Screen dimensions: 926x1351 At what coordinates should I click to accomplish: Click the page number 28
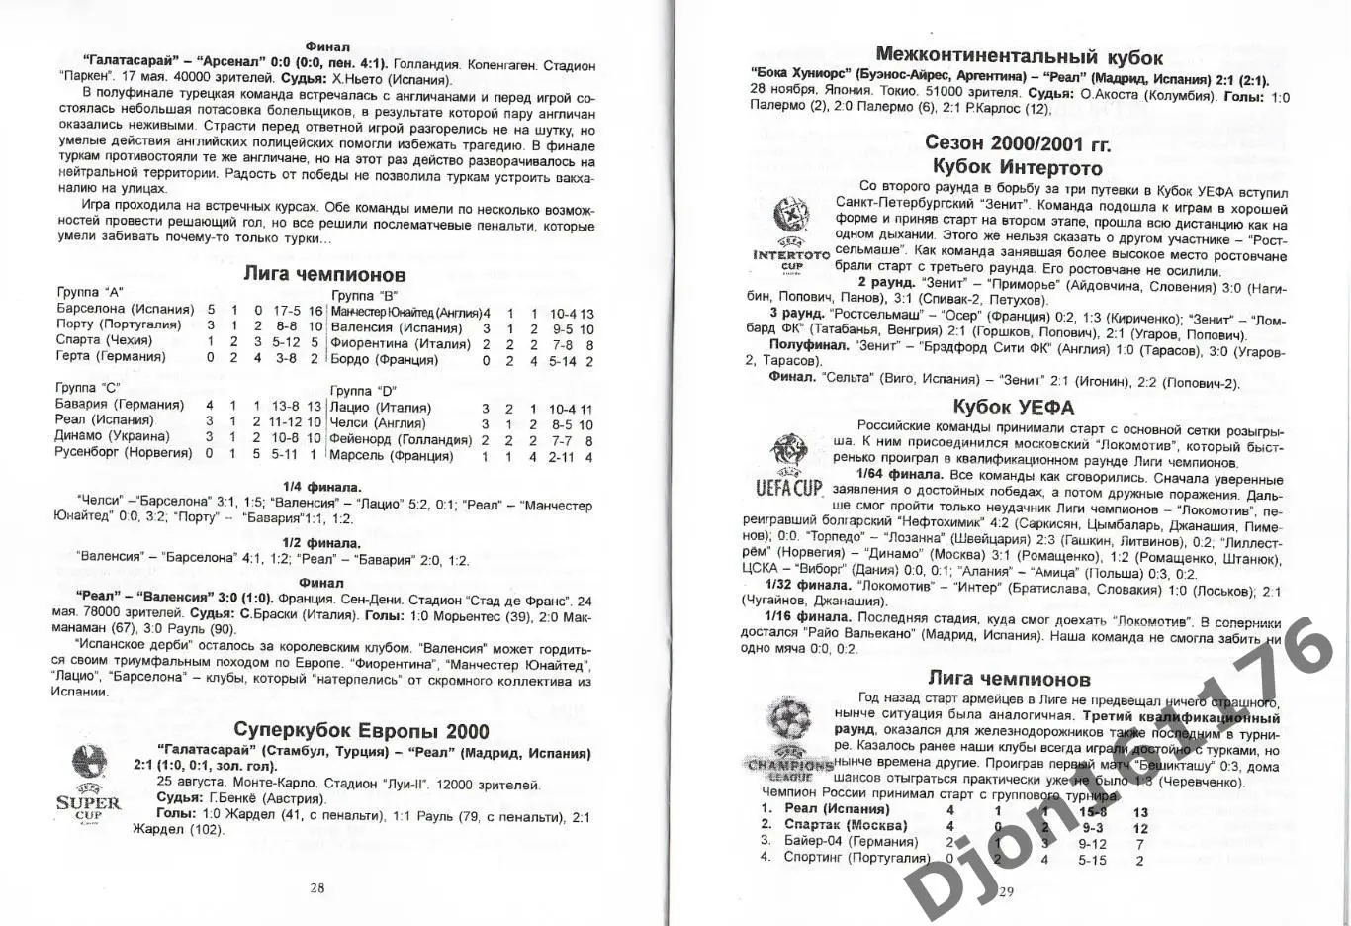[316, 887]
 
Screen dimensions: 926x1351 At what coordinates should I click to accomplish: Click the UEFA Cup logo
[788, 466]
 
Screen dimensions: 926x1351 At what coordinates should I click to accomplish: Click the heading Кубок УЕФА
[1013, 407]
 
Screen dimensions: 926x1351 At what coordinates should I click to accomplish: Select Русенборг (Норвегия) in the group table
[125, 453]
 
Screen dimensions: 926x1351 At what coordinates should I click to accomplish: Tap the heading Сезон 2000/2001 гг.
[1018, 144]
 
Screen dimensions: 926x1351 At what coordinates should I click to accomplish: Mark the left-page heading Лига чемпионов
[324, 274]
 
